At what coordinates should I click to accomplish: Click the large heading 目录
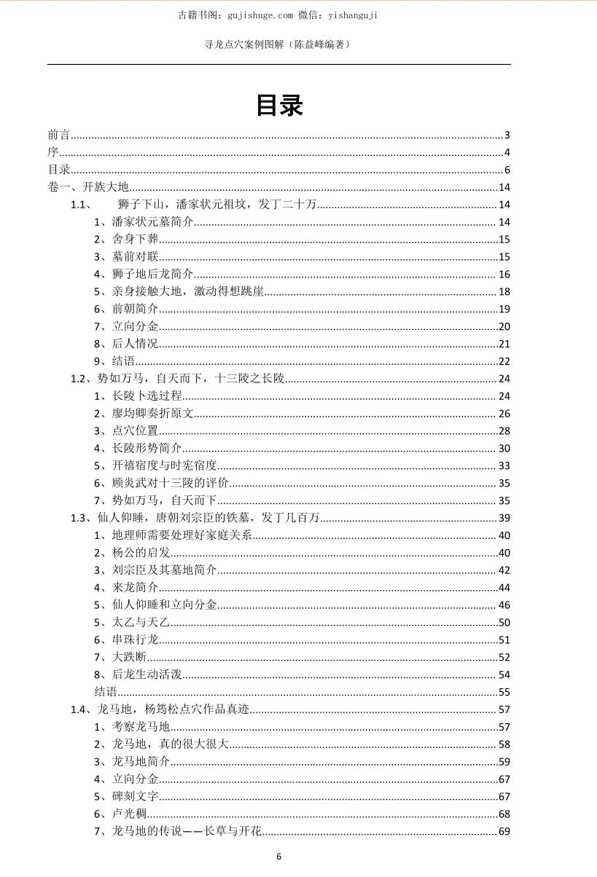click(x=279, y=106)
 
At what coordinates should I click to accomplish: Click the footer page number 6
click(x=278, y=857)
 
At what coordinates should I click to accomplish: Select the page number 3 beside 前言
click(x=507, y=135)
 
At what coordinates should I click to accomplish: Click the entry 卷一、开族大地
click(x=87, y=187)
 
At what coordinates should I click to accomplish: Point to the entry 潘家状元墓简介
click(x=144, y=222)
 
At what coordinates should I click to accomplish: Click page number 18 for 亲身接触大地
click(x=504, y=292)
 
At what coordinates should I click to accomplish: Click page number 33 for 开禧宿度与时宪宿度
click(x=504, y=466)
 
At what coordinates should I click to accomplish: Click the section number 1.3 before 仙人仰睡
click(x=79, y=518)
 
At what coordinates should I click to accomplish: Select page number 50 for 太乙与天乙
click(x=504, y=623)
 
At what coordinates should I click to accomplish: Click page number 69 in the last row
click(x=504, y=832)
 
